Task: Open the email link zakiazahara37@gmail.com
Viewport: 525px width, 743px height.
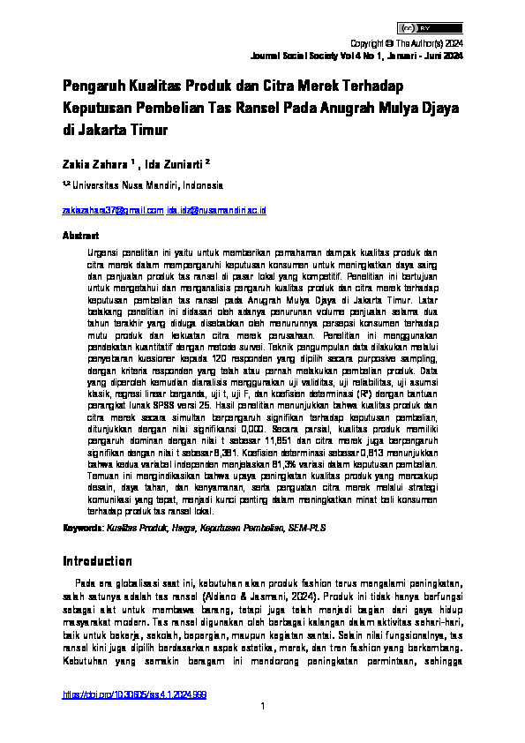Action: coord(112,211)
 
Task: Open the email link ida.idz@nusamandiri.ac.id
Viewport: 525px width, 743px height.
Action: coord(217,211)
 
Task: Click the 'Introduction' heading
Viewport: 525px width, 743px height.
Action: coord(97,561)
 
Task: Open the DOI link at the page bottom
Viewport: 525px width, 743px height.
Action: coord(134,695)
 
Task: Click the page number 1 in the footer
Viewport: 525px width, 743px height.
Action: coord(262,706)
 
